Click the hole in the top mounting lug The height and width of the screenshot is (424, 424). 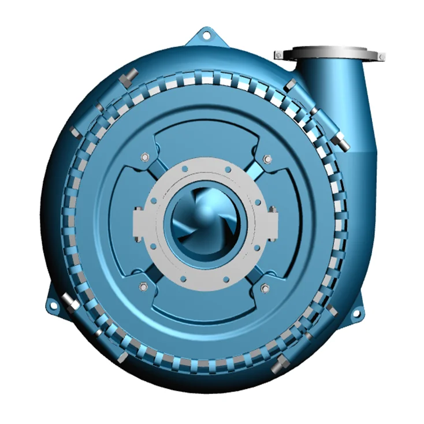(x=205, y=36)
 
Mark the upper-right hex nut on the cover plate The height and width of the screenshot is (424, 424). (x=266, y=159)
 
